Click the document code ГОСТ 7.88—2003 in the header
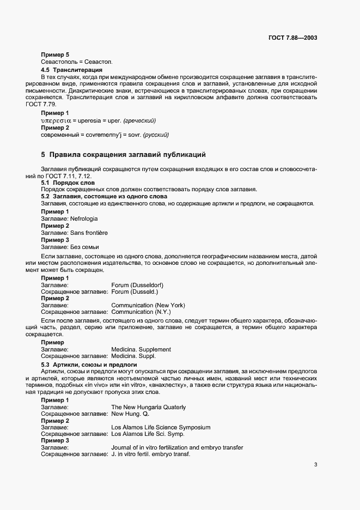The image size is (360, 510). (293, 38)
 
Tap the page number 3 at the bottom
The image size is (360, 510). (315, 465)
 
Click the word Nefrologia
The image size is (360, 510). (84, 218)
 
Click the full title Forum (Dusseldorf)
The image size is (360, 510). (137, 285)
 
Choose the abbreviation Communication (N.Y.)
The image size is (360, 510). (141, 312)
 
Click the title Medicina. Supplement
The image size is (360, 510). (141, 349)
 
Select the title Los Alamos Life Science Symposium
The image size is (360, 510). (161, 428)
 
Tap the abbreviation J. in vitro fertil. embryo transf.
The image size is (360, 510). (150, 454)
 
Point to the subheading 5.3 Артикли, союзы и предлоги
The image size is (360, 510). (89, 364)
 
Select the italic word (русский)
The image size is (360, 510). (155, 134)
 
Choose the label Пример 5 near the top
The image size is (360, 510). (55, 55)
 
